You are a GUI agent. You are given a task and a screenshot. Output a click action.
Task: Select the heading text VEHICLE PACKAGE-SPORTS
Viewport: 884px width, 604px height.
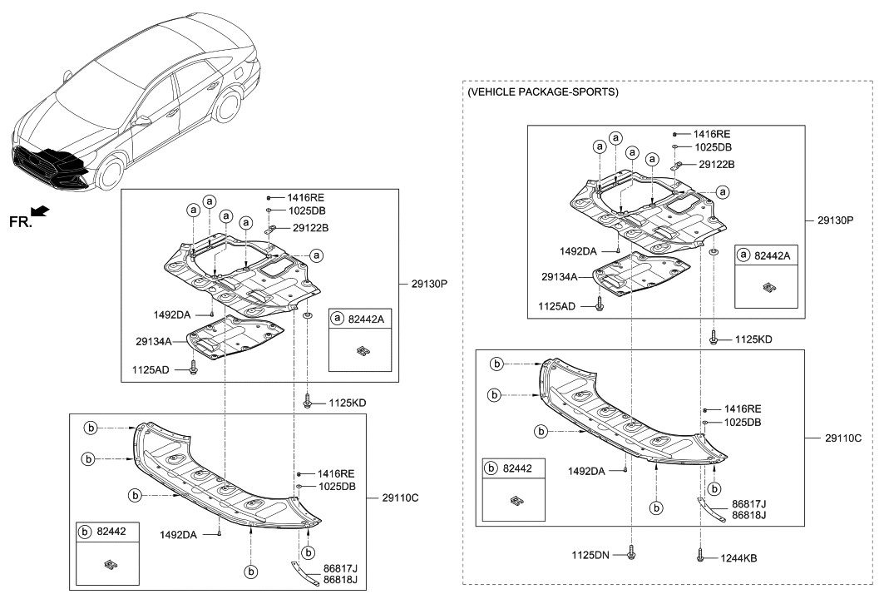click(x=543, y=92)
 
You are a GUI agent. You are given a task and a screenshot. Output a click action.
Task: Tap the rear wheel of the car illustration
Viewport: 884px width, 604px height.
click(x=226, y=106)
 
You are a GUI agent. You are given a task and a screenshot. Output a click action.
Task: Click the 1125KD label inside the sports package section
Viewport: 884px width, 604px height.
click(x=753, y=339)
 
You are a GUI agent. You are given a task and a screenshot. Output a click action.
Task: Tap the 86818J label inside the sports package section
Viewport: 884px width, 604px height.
click(x=748, y=516)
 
